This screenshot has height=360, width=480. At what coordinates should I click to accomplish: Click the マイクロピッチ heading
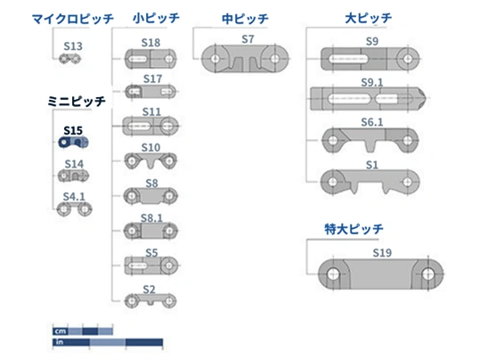(73, 19)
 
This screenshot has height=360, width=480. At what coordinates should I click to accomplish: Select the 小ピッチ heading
(156, 18)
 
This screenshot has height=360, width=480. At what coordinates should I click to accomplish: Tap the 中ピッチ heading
(245, 19)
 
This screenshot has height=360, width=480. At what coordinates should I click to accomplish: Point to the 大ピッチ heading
(369, 18)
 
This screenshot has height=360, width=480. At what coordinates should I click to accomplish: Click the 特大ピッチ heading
(354, 229)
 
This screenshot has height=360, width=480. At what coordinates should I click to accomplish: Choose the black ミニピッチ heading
(77, 101)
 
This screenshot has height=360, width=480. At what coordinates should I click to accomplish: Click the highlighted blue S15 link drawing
(73, 143)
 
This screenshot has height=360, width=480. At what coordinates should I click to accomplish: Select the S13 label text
(73, 46)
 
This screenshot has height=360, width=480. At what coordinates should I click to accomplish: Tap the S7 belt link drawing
(245, 59)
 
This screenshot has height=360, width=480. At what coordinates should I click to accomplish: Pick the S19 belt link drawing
(381, 274)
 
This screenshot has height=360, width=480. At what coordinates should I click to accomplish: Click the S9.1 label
(372, 82)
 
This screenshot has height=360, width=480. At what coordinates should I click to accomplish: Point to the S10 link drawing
(151, 160)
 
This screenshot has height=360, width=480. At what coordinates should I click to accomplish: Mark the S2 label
(149, 290)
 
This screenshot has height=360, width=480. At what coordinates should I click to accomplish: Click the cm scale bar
(83, 331)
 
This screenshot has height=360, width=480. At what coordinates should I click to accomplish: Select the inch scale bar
(108, 342)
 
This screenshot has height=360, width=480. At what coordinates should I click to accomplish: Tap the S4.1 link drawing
(75, 209)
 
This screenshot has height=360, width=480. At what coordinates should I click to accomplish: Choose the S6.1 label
(372, 122)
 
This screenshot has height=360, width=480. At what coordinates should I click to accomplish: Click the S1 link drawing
(370, 182)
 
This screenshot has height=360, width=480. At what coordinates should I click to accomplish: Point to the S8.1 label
(151, 218)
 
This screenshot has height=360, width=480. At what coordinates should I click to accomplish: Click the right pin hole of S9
(408, 59)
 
